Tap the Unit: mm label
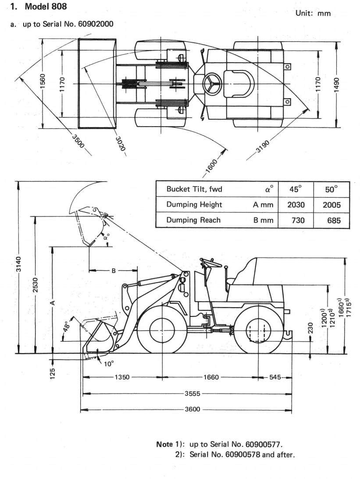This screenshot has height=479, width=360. click(x=313, y=13)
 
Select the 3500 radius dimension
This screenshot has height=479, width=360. click(x=78, y=141)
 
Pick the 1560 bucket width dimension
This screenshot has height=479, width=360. click(x=43, y=81)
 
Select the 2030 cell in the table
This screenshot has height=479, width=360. click(x=296, y=205)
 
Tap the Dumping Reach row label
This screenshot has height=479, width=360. click(x=193, y=220)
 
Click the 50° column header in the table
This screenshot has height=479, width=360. click(x=332, y=189)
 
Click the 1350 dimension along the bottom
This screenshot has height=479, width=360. click(x=122, y=377)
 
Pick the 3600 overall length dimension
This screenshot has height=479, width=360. click(x=192, y=409)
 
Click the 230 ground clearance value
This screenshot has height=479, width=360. click(x=310, y=328)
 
